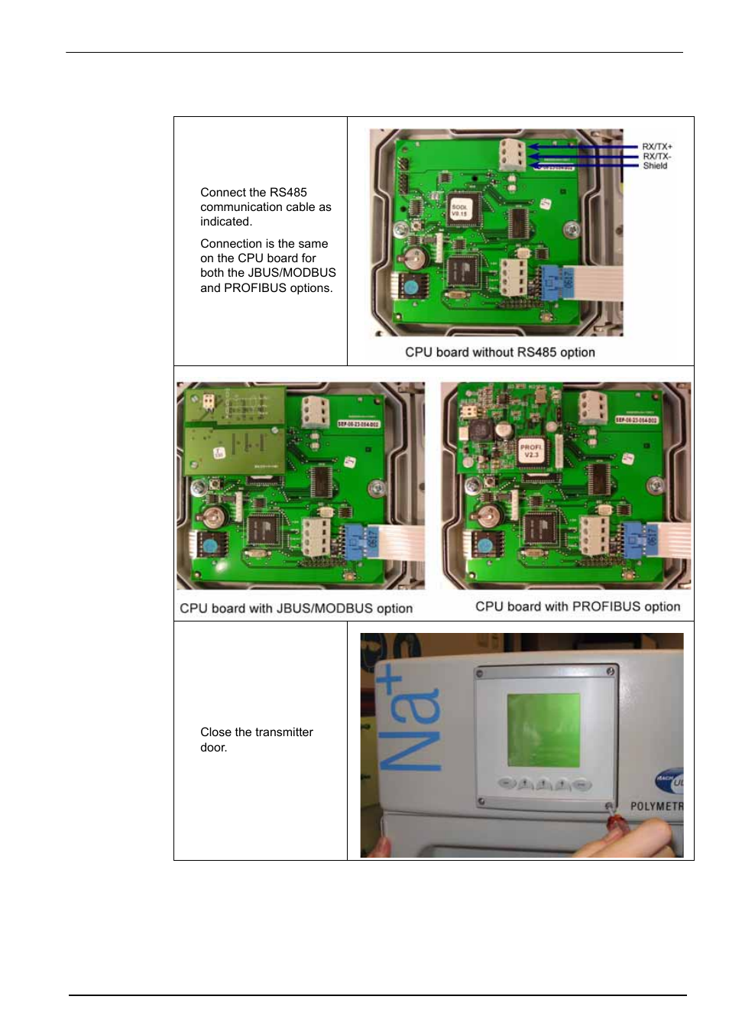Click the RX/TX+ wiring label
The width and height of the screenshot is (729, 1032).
(x=656, y=146)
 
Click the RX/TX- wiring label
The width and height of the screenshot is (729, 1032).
(x=656, y=156)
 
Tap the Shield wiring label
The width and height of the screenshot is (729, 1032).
(x=655, y=166)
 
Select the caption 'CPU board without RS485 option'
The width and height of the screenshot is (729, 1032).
(x=500, y=352)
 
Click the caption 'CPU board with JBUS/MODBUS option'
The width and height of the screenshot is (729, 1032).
(x=296, y=608)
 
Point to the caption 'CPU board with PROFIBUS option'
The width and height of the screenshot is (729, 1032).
(x=577, y=606)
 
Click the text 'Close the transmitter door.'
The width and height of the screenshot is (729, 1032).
(x=256, y=739)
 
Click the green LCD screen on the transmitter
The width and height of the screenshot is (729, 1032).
(x=543, y=729)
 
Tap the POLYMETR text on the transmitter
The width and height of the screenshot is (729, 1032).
(x=656, y=806)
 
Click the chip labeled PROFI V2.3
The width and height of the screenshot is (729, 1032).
(x=530, y=450)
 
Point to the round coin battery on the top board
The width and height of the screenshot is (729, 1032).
(x=413, y=257)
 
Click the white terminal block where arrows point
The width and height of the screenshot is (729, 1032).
(x=512, y=154)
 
